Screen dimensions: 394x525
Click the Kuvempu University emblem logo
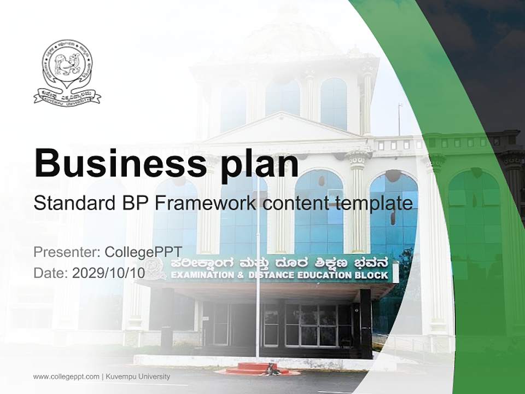point(67,72)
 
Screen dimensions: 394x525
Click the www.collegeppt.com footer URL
point(66,376)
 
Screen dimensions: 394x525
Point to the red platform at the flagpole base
point(257,368)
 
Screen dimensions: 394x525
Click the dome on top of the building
point(284,38)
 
